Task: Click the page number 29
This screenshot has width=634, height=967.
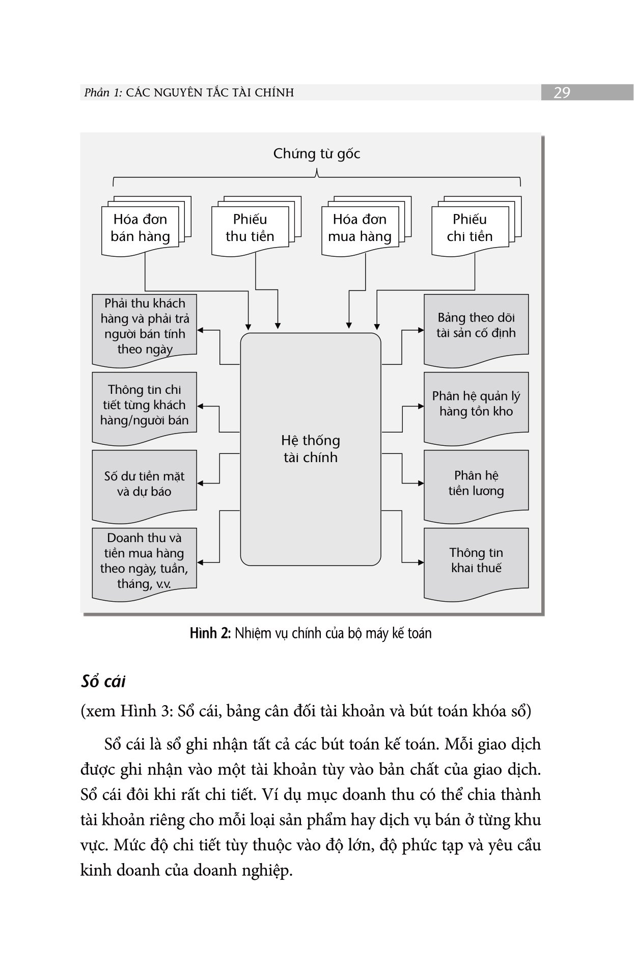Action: coord(561,93)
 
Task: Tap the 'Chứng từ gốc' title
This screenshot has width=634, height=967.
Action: coord(316,153)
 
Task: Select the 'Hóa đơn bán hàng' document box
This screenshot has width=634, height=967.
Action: coord(141,228)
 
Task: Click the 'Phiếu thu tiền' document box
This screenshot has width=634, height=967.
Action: coord(250,228)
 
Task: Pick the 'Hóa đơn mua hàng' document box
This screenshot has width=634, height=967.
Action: coord(360,228)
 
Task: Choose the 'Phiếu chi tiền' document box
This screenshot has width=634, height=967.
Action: coord(470,228)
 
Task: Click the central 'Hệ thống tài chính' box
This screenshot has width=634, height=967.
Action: coord(310,449)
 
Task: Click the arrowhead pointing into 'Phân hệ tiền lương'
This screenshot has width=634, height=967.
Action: coord(421,483)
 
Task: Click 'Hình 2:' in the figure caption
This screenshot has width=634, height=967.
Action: coord(210,633)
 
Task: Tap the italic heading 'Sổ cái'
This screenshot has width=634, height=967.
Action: coord(103,682)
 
